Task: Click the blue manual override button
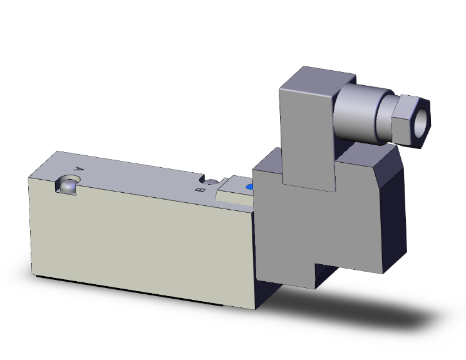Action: pyautogui.click(x=250, y=187)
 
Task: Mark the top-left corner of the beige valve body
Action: pyautogui.click(x=31, y=178)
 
